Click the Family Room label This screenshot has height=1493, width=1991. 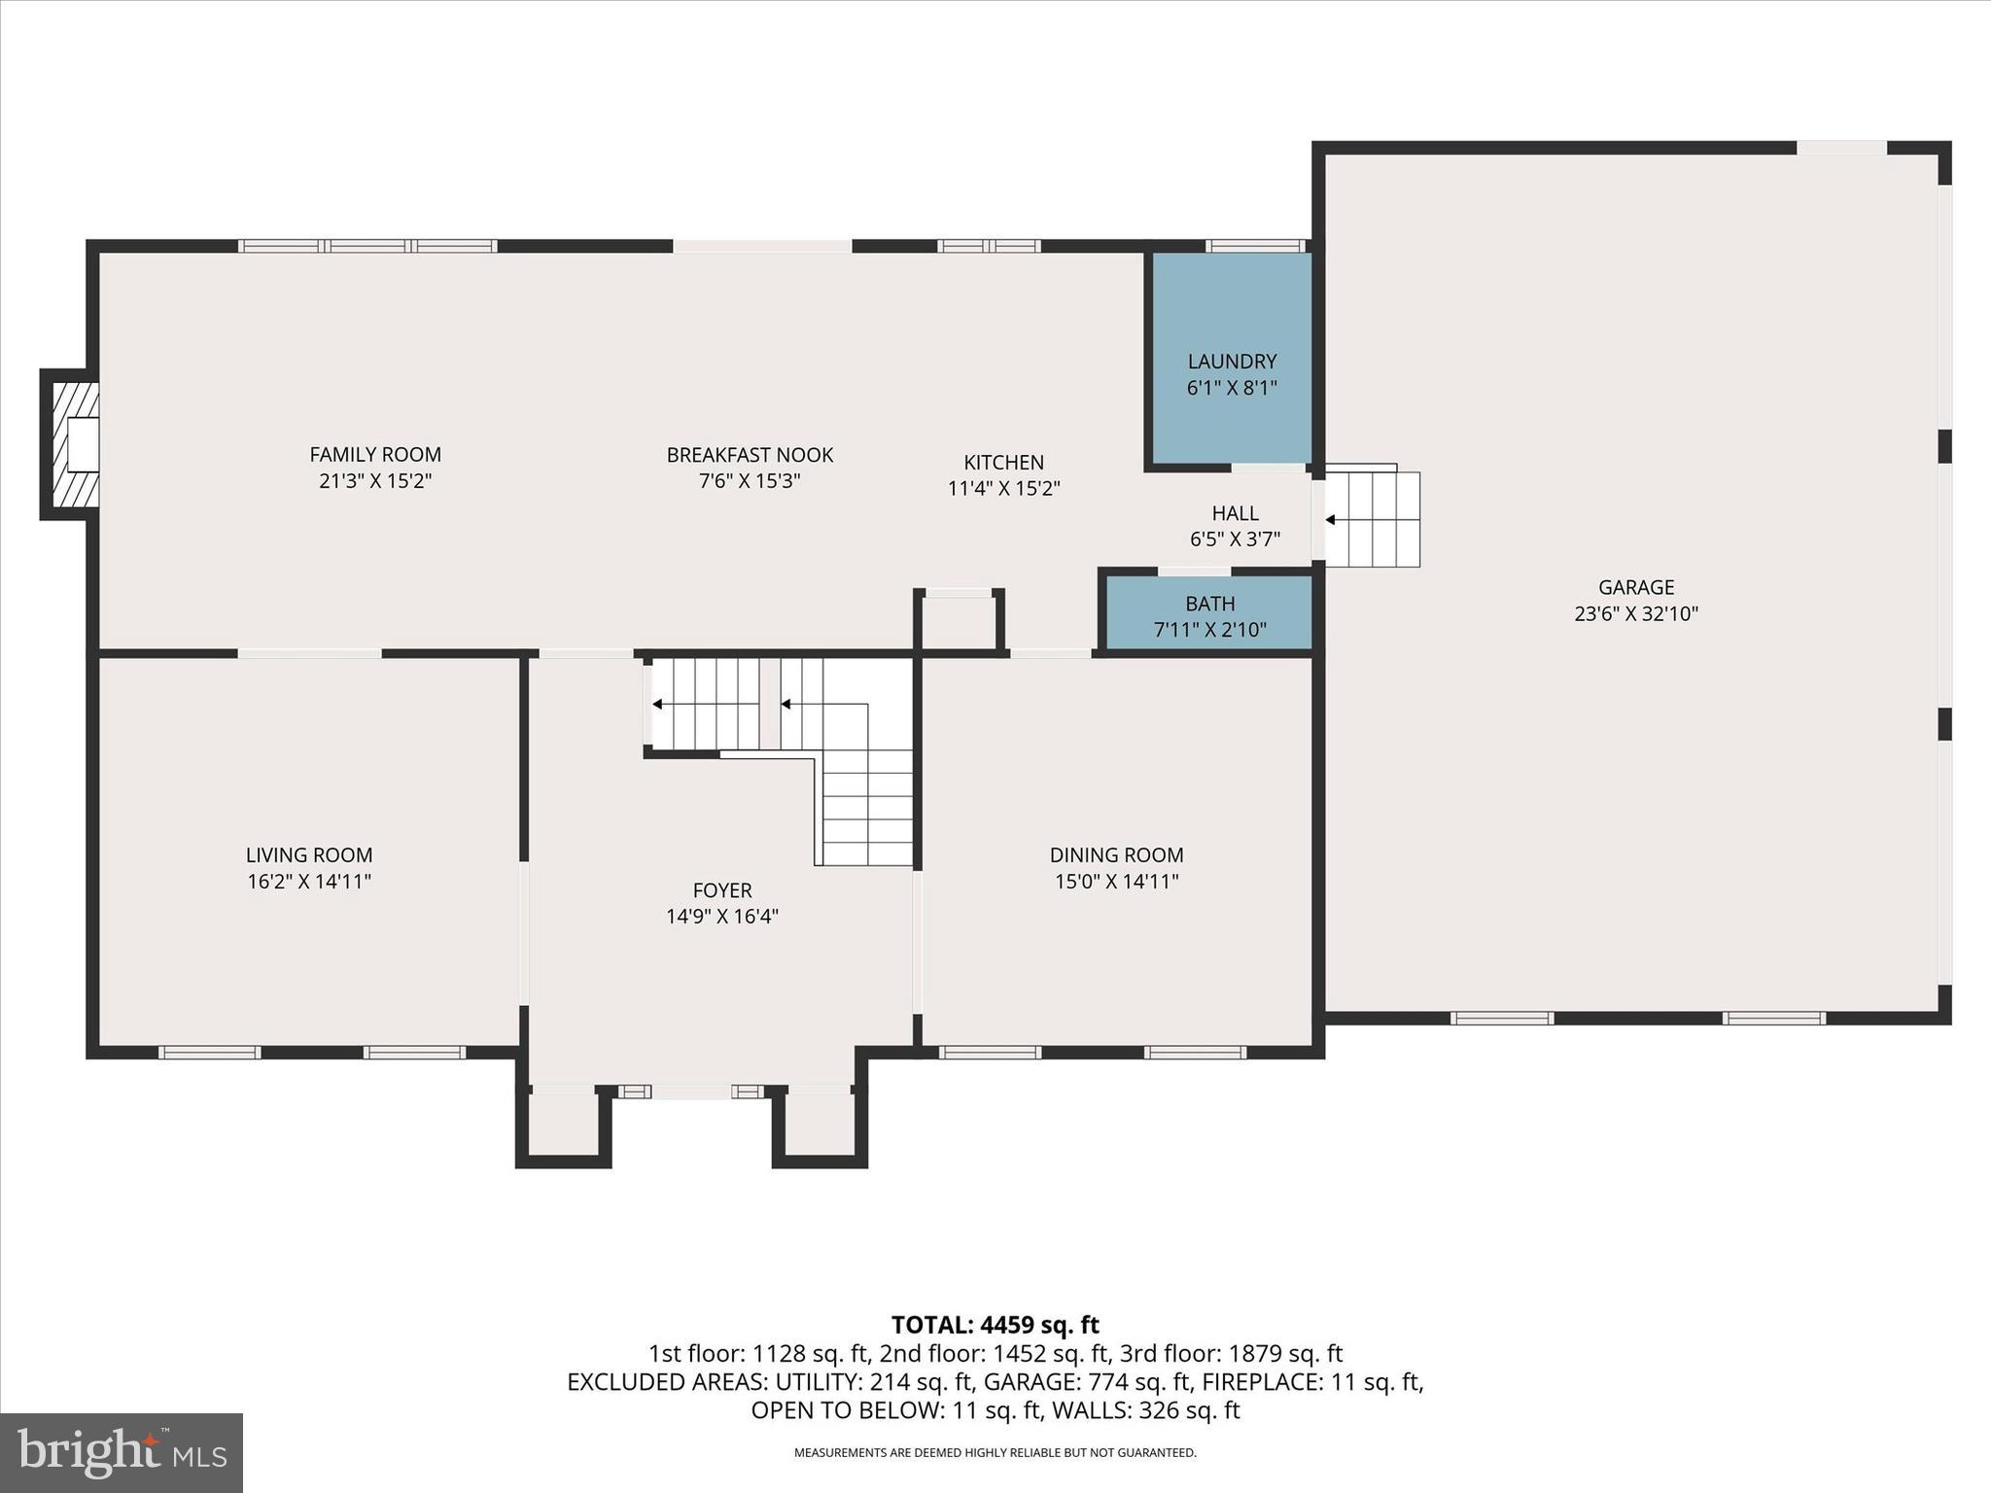[375, 454]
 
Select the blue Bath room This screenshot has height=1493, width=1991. [1209, 614]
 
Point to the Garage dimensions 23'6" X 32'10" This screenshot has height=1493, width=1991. [1636, 613]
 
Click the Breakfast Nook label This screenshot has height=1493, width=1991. [750, 454]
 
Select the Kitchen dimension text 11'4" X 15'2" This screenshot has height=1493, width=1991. [1003, 488]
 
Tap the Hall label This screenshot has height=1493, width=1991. [1235, 512]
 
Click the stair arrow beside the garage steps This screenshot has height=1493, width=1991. [1330, 520]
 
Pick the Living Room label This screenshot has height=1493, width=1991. [309, 854]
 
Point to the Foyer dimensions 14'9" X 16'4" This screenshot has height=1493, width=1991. [722, 916]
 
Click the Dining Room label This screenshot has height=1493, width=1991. [1116, 854]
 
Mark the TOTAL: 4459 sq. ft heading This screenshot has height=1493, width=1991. [995, 1325]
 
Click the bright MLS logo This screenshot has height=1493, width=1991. [122, 1452]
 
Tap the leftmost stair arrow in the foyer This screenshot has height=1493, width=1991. [657, 704]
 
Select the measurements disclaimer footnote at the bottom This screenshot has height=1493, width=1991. [995, 1453]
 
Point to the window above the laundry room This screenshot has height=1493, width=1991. [1255, 246]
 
